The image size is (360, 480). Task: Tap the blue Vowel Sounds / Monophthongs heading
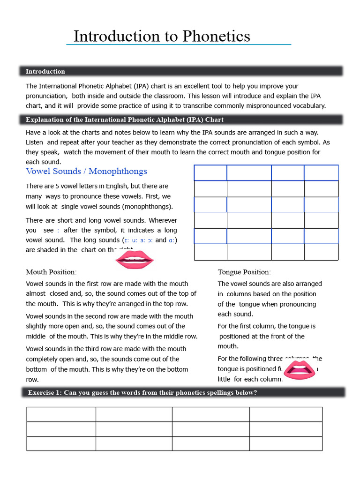pyautogui.click(x=86, y=171)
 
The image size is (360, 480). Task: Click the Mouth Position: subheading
pyautogui.click(x=51, y=272)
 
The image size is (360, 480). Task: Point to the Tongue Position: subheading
pyautogui.click(x=244, y=272)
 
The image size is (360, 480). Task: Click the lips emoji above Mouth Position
pyautogui.click(x=135, y=259)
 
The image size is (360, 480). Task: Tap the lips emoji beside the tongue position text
pyautogui.click(x=300, y=370)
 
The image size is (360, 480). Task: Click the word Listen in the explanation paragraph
pyautogui.click(x=35, y=142)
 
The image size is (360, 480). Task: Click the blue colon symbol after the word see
pyautogui.click(x=58, y=231)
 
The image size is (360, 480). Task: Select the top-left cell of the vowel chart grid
pyautogui.click(x=210, y=172)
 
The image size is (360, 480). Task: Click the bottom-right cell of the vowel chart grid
pyautogui.click(x=321, y=252)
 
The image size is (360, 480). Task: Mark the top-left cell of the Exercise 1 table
pyautogui.click(x=61, y=414)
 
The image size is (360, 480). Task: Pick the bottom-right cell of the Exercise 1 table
pyautogui.click(x=285, y=443)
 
